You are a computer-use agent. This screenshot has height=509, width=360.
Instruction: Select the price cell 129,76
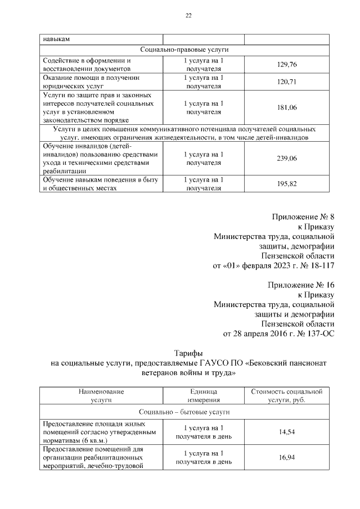coord(287,65)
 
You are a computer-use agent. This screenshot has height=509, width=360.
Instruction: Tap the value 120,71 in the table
coord(287,82)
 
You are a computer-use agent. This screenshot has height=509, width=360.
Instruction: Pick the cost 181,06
coord(287,107)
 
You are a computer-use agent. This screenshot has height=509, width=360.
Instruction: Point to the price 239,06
coord(287,159)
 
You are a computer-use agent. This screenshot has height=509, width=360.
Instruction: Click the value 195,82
coord(287,184)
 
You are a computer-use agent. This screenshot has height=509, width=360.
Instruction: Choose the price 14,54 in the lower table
coord(287,431)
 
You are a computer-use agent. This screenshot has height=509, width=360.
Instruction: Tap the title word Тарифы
coord(188,353)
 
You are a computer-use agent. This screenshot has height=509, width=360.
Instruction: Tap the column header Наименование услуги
coord(101,394)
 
